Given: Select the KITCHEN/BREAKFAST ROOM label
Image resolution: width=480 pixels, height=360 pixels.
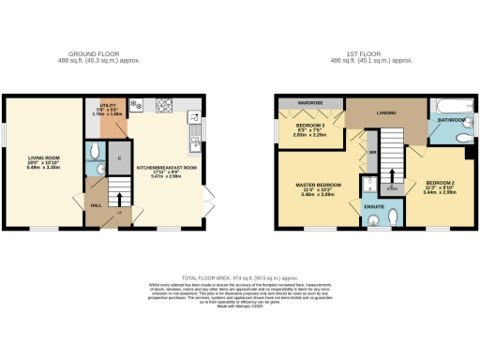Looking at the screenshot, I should tap(167, 168).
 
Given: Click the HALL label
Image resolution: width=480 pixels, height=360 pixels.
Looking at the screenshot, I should tap(96, 204).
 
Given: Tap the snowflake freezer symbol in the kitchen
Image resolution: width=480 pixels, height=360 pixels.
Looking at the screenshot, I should tap(137, 104).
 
